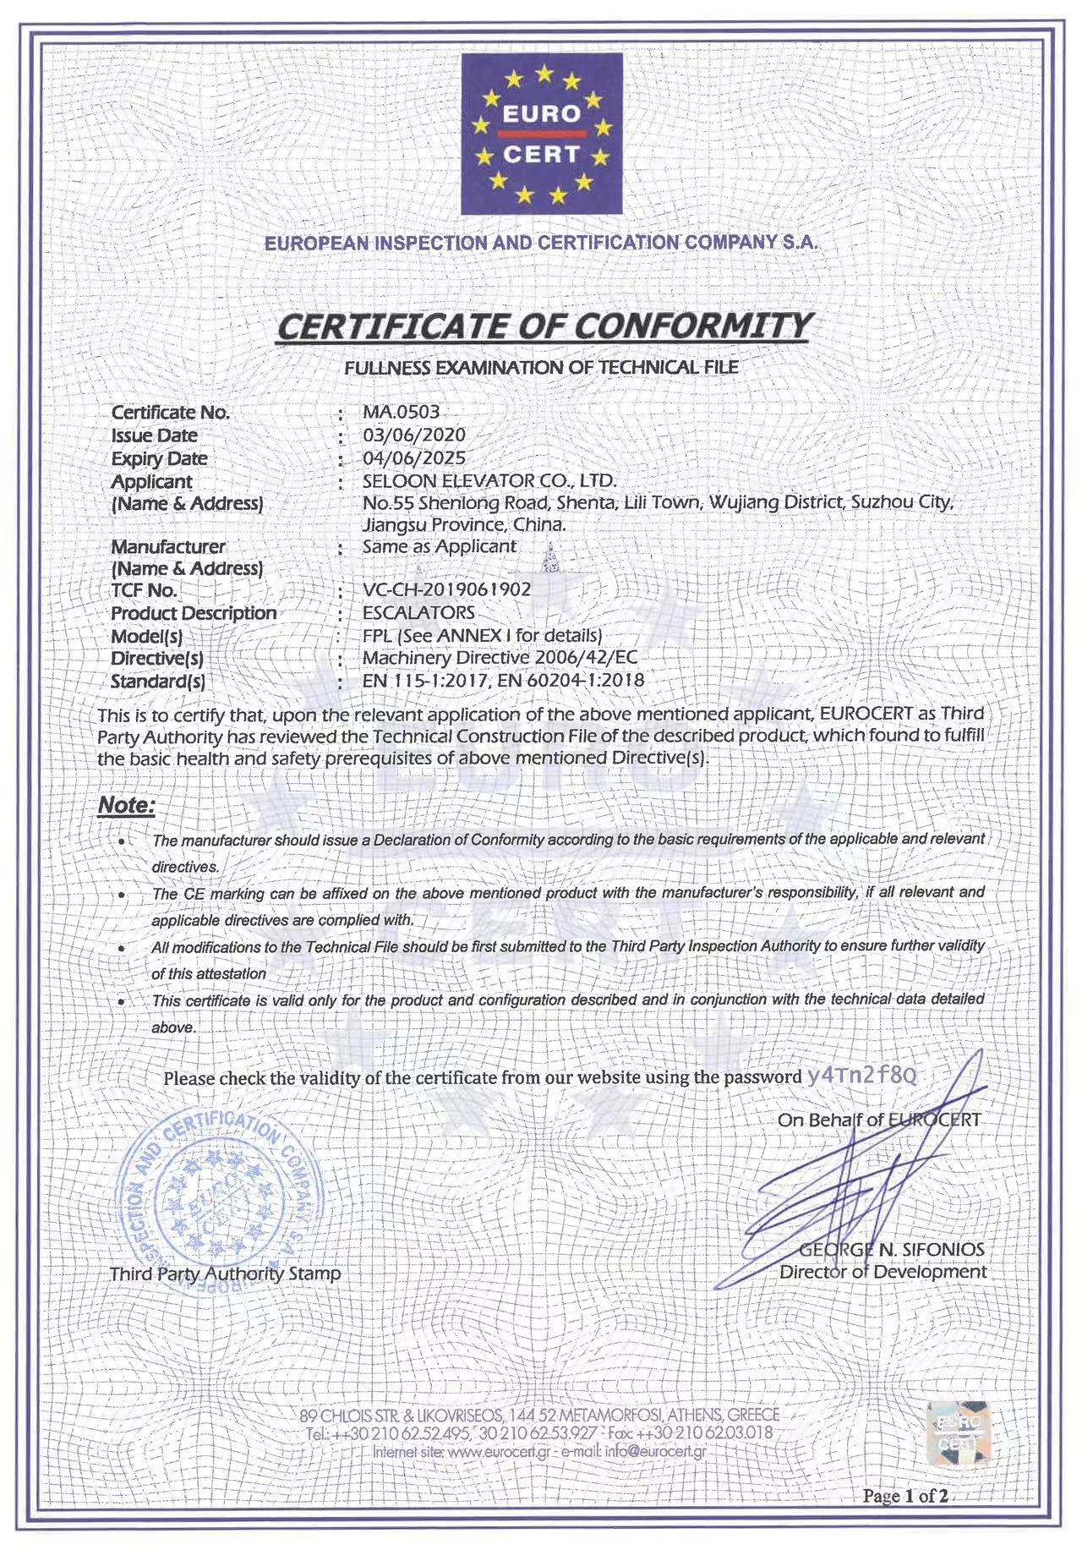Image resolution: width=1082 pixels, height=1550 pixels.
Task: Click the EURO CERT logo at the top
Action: click(541, 134)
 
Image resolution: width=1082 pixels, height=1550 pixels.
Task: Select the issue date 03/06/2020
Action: click(414, 435)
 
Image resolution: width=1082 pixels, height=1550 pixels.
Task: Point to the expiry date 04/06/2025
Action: click(414, 457)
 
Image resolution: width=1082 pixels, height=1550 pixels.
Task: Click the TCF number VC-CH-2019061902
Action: click(446, 589)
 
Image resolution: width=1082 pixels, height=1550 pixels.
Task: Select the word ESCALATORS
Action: click(418, 612)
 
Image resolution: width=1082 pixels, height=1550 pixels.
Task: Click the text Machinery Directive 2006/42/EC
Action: click(500, 657)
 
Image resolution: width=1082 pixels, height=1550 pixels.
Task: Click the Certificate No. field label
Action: click(171, 413)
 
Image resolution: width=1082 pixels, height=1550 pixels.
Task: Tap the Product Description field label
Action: click(194, 613)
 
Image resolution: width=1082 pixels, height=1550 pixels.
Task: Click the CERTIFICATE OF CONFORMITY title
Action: click(545, 327)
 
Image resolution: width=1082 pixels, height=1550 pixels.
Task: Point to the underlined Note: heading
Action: click(127, 805)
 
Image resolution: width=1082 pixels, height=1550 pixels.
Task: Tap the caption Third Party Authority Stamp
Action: click(226, 1273)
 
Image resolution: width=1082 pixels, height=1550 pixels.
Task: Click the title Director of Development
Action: click(883, 1272)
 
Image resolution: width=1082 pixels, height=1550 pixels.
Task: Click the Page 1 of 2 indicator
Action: click(903, 1496)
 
